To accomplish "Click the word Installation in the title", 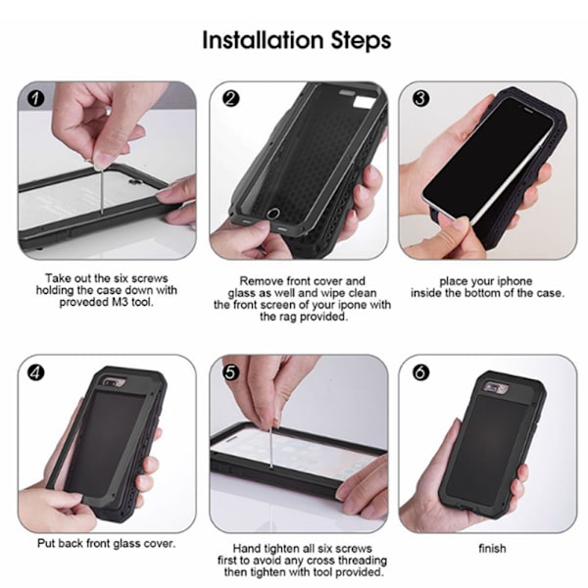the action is pos(262,40).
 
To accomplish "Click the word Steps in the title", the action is pos(361,41).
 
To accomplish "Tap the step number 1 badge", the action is pos(36,99).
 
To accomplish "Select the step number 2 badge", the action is pos(230,99).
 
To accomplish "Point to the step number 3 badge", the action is pos(420,99).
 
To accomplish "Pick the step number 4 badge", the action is pos(36,372).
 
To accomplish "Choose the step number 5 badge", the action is pos(230,372).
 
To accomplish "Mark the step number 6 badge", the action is pos(420,372).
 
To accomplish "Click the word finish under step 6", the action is pos(492,549).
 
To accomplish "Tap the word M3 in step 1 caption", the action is pos(121,302).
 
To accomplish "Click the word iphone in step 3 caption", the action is pos(514,281).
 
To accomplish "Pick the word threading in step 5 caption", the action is pos(363,561).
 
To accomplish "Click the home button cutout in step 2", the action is pos(273,214).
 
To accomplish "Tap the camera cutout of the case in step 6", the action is pos(495,388).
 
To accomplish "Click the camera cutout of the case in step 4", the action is pos(114,382).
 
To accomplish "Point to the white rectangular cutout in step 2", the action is pos(363,102).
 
